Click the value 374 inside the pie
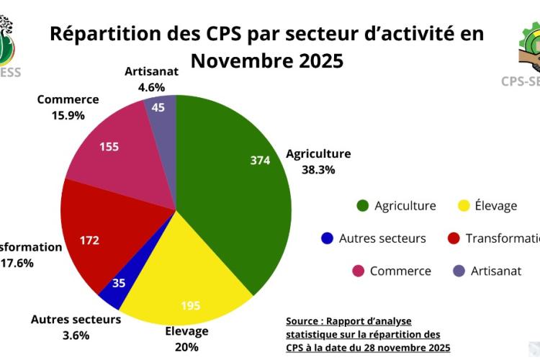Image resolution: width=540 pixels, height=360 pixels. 259,160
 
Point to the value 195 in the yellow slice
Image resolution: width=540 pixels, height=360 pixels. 190,306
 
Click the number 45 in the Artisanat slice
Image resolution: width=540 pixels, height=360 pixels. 158,108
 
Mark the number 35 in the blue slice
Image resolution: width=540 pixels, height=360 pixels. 119,283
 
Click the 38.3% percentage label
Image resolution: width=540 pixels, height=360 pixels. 320,170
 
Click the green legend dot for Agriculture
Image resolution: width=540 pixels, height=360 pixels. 362,206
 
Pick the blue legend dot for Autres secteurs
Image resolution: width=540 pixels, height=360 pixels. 328,238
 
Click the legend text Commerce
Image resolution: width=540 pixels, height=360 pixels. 400,271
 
